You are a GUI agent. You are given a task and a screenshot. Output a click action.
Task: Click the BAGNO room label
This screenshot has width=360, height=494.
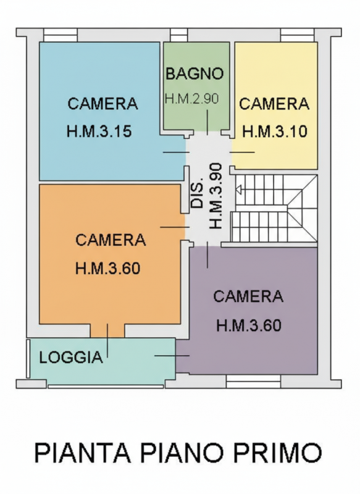point(195,73)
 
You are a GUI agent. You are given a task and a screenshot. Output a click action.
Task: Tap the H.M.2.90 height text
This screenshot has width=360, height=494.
point(192,98)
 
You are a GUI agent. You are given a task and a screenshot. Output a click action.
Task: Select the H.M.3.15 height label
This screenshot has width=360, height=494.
point(99,132)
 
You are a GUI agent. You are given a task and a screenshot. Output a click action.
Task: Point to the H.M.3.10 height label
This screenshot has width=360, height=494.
point(275,132)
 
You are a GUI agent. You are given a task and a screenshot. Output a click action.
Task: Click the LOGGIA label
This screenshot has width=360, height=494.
point(70,358)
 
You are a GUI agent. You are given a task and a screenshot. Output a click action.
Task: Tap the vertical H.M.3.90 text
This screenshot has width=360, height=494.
point(216,196)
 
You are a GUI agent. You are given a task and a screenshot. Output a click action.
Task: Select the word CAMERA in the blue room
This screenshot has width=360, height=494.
point(103,104)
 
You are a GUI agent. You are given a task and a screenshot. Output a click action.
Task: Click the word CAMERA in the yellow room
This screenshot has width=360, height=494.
point(274,104)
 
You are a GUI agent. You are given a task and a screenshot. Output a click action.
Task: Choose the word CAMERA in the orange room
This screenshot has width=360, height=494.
point(111,240)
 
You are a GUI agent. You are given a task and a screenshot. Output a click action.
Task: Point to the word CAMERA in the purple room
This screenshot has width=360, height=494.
point(248,296)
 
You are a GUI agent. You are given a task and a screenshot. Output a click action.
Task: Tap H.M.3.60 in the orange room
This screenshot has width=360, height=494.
point(108,269)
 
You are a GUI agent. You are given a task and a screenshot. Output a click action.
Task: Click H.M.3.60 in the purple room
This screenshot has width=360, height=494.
point(249,325)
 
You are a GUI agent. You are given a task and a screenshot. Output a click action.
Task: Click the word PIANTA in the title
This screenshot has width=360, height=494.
point(82,453)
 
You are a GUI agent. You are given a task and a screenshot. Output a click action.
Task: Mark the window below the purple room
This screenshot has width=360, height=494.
point(253,383)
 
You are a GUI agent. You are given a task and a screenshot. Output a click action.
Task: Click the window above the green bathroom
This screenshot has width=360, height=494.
point(178,35)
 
